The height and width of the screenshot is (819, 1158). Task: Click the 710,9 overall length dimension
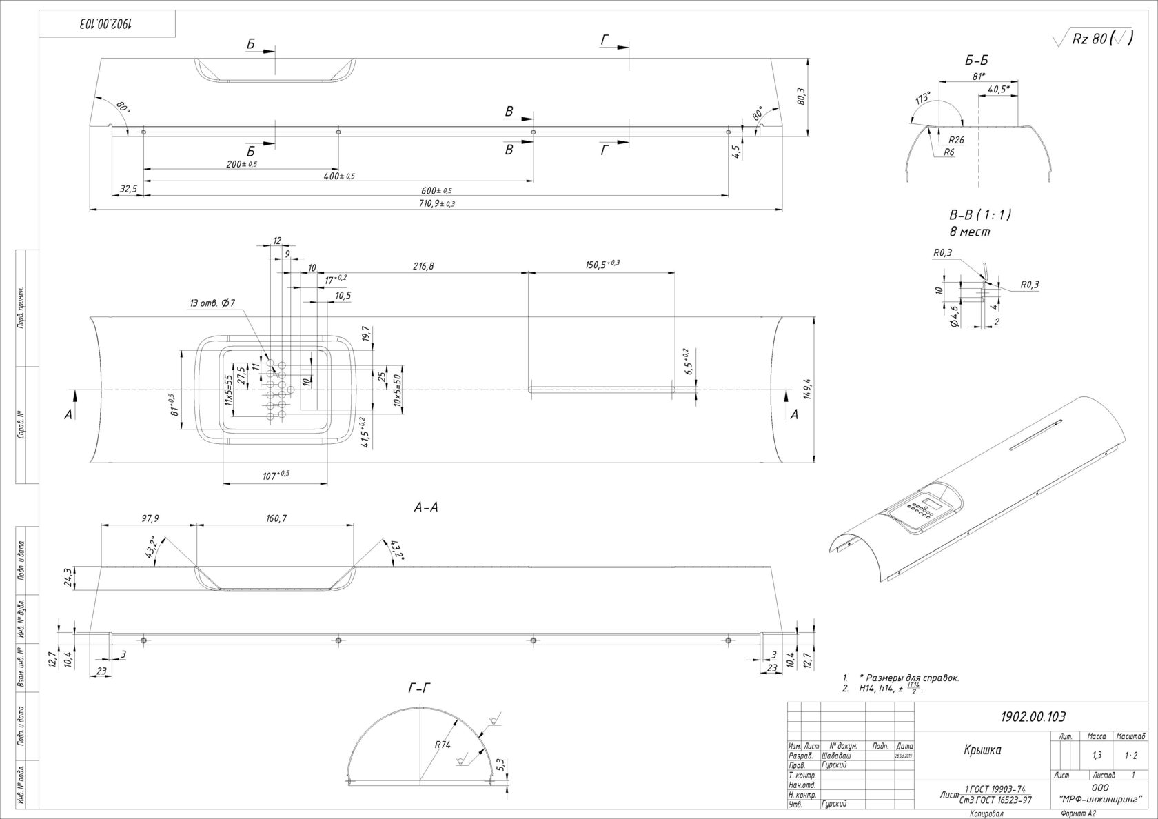[435, 203]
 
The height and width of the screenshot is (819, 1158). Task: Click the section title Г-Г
[419, 687]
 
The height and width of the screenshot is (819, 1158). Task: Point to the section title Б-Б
[976, 61]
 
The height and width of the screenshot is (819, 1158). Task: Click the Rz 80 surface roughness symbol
[1093, 39]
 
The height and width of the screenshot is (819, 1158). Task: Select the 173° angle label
[922, 99]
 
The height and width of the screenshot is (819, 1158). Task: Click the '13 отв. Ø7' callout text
[213, 303]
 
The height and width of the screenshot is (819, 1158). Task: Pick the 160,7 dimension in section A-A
[275, 518]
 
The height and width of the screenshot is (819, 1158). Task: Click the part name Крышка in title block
[982, 750]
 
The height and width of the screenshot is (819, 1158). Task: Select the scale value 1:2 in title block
[1130, 756]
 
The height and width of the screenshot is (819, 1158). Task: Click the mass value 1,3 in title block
[1097, 756]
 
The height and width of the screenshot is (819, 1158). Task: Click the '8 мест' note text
[969, 232]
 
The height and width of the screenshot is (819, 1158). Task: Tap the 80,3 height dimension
[801, 96]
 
